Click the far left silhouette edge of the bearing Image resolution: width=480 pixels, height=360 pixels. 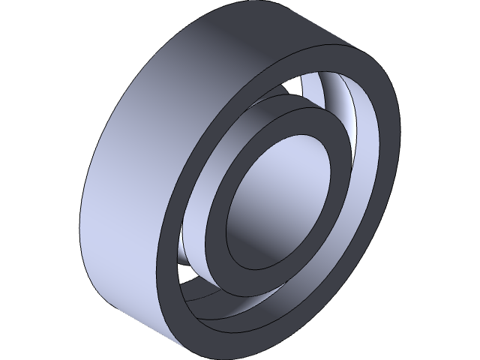(x=82, y=225)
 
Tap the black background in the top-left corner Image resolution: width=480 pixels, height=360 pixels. (x=22, y=22)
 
